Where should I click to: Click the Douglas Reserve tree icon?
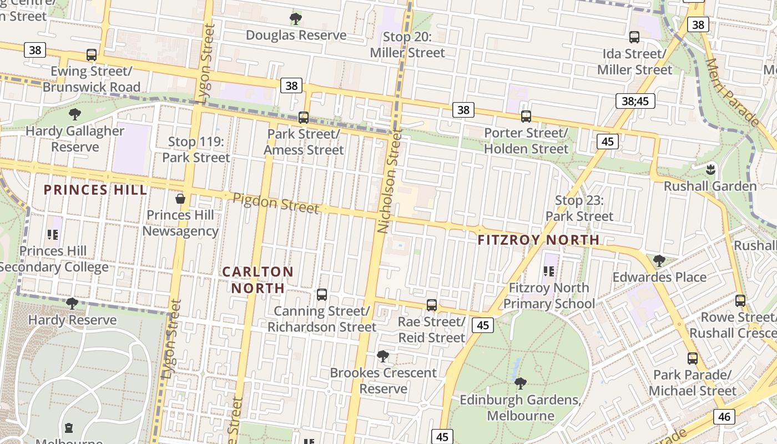coord(296,19)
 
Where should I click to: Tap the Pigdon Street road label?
coord(276,203)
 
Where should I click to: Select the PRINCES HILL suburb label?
coord(95,190)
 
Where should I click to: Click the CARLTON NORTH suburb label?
coord(258,280)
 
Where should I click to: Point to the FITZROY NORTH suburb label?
coord(538,240)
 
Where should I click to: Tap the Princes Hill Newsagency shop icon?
coord(180,199)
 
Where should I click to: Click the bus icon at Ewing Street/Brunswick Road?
coord(92,55)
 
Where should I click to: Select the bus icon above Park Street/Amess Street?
coord(303,118)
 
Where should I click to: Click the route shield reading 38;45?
coord(635,101)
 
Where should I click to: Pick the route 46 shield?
coord(725,416)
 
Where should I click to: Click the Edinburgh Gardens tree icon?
coord(520,383)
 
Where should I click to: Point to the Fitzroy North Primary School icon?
coord(549,271)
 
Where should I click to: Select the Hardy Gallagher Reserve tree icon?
coord(75,115)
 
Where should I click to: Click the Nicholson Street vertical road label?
coord(389,181)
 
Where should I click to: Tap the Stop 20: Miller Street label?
coord(407,45)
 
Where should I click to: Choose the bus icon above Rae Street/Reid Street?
coord(432,305)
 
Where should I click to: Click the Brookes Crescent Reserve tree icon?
coord(382,356)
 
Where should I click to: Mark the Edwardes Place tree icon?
coord(659,260)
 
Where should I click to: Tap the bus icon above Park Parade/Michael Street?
coord(692,359)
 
